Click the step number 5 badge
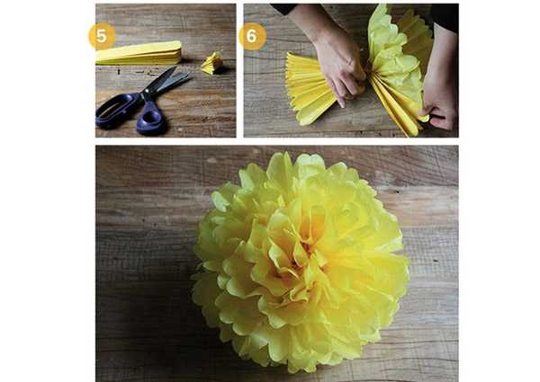coord(102,36)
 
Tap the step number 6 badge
coord(252,36)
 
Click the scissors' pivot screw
coord(147,92)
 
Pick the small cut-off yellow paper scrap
coord(211,63)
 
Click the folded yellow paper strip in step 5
coord(139,53)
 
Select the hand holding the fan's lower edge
coord(439,100)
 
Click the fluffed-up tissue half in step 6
coord(396,66)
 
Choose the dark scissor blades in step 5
coord(167,80)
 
